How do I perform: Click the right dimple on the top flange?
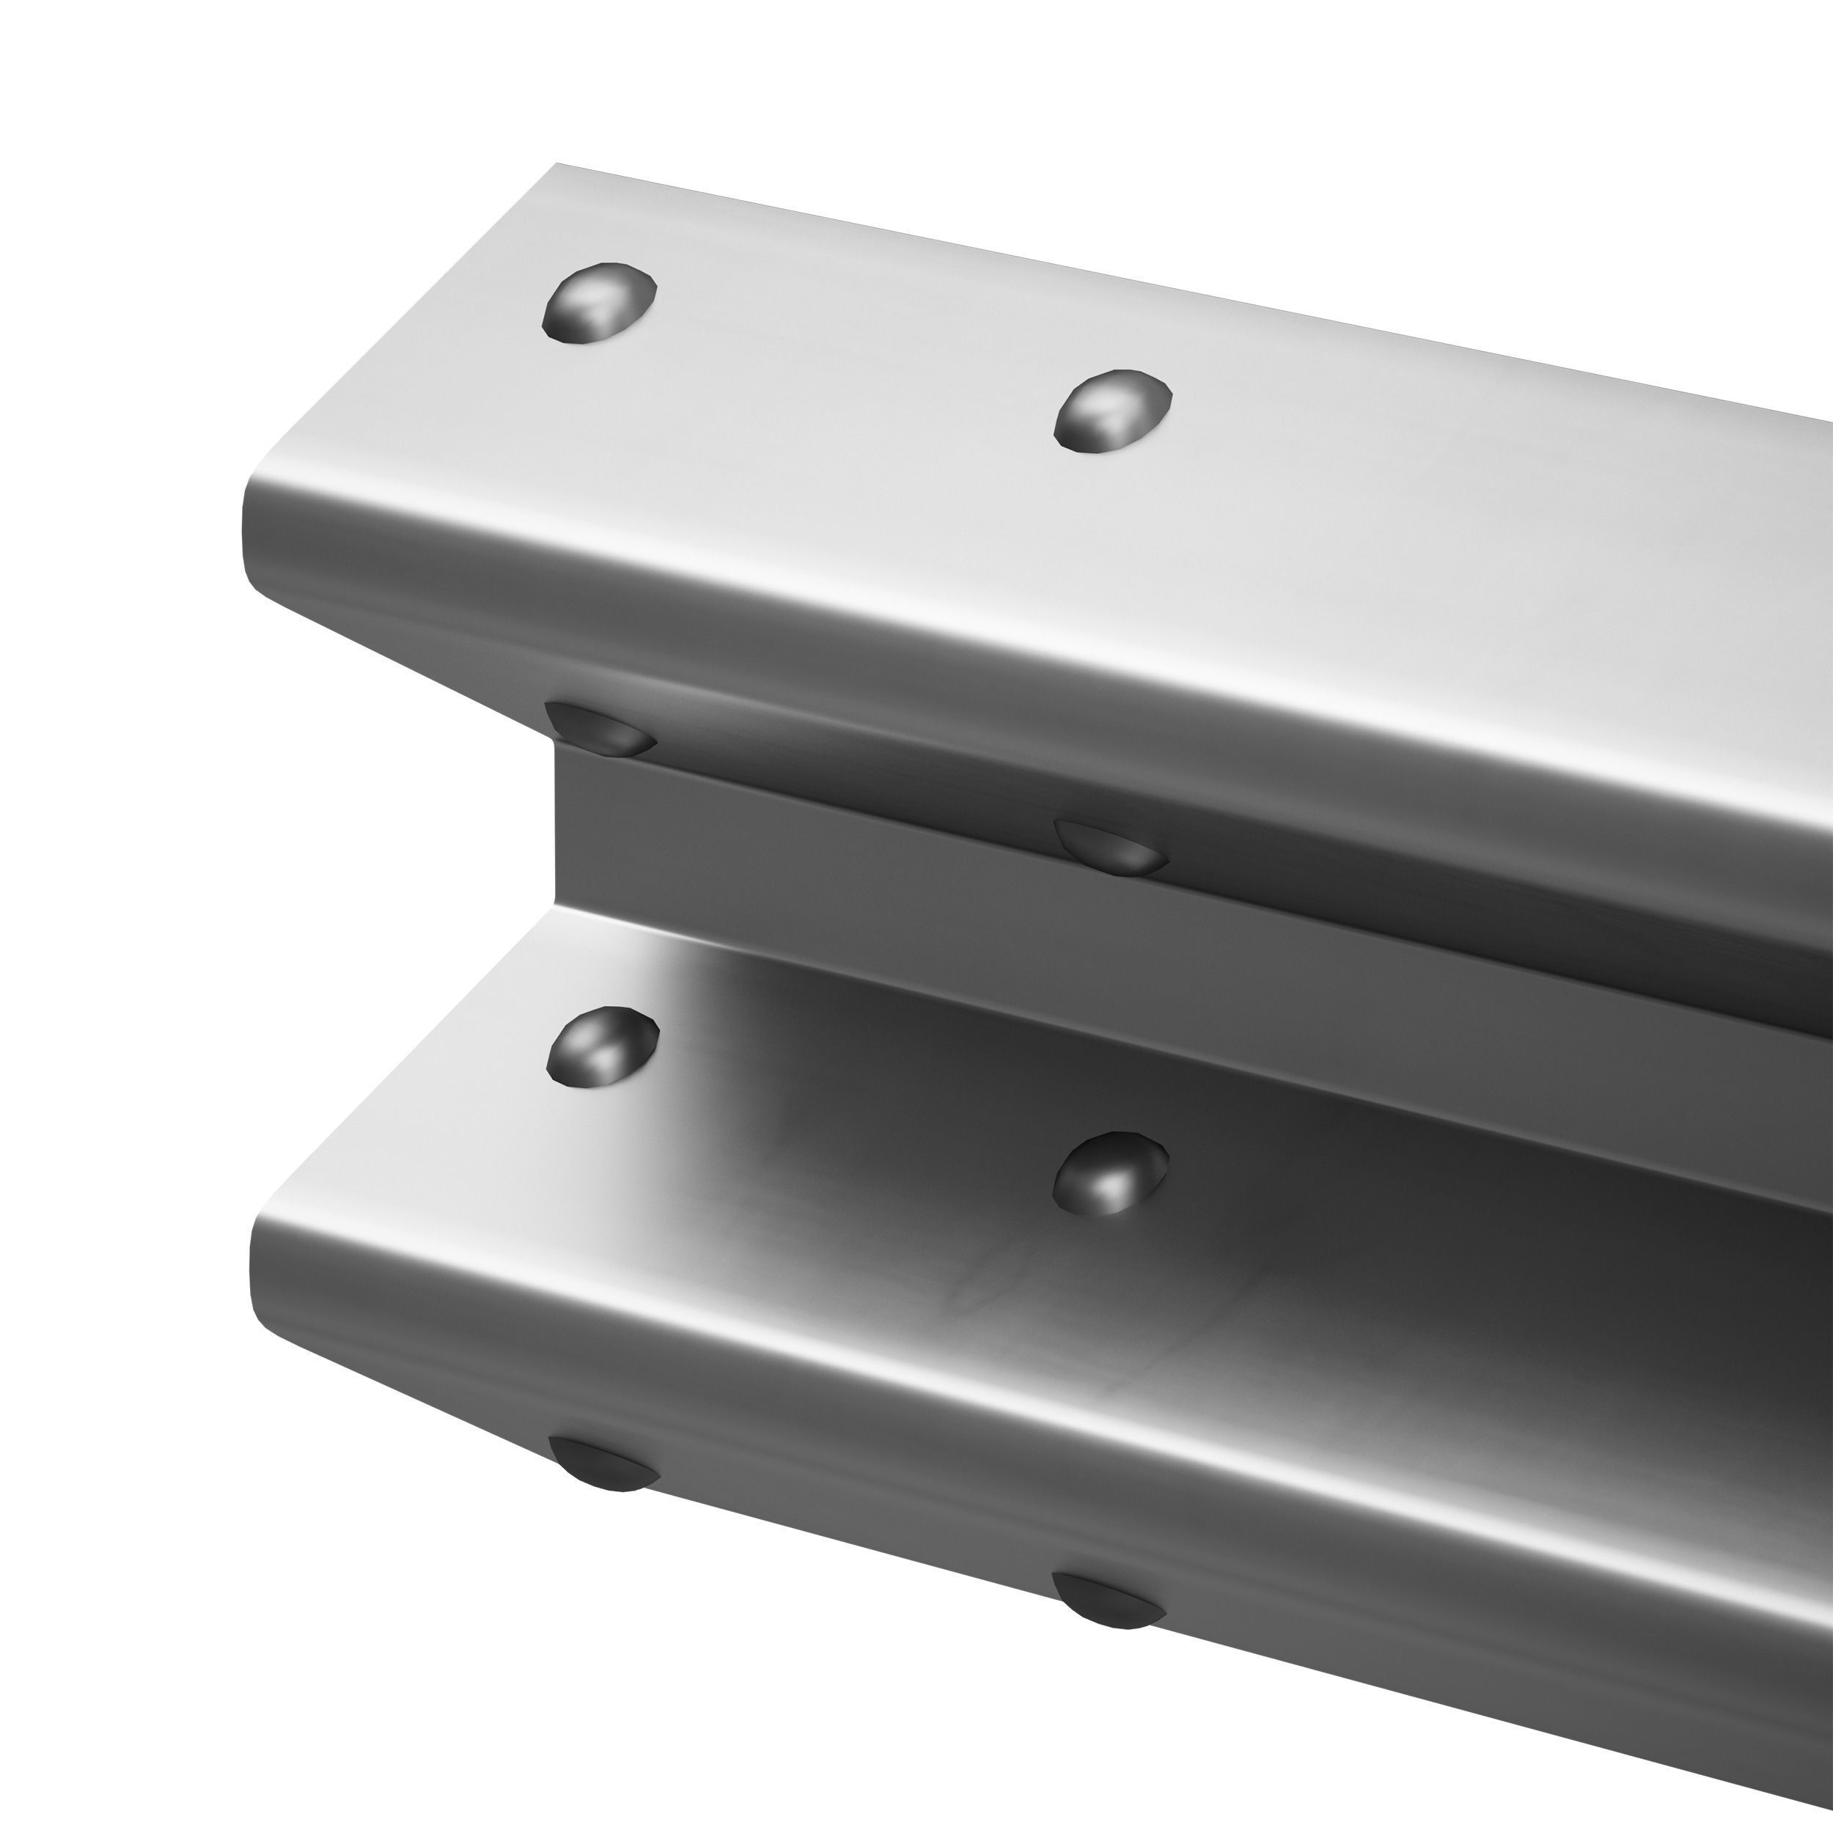coord(1113,411)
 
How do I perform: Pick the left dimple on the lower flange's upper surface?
coord(603,1048)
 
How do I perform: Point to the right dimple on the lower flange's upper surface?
coord(1111,1174)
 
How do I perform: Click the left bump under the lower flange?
coord(601,1462)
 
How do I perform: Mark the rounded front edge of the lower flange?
coord(949,1366)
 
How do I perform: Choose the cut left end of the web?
coord(559,835)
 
